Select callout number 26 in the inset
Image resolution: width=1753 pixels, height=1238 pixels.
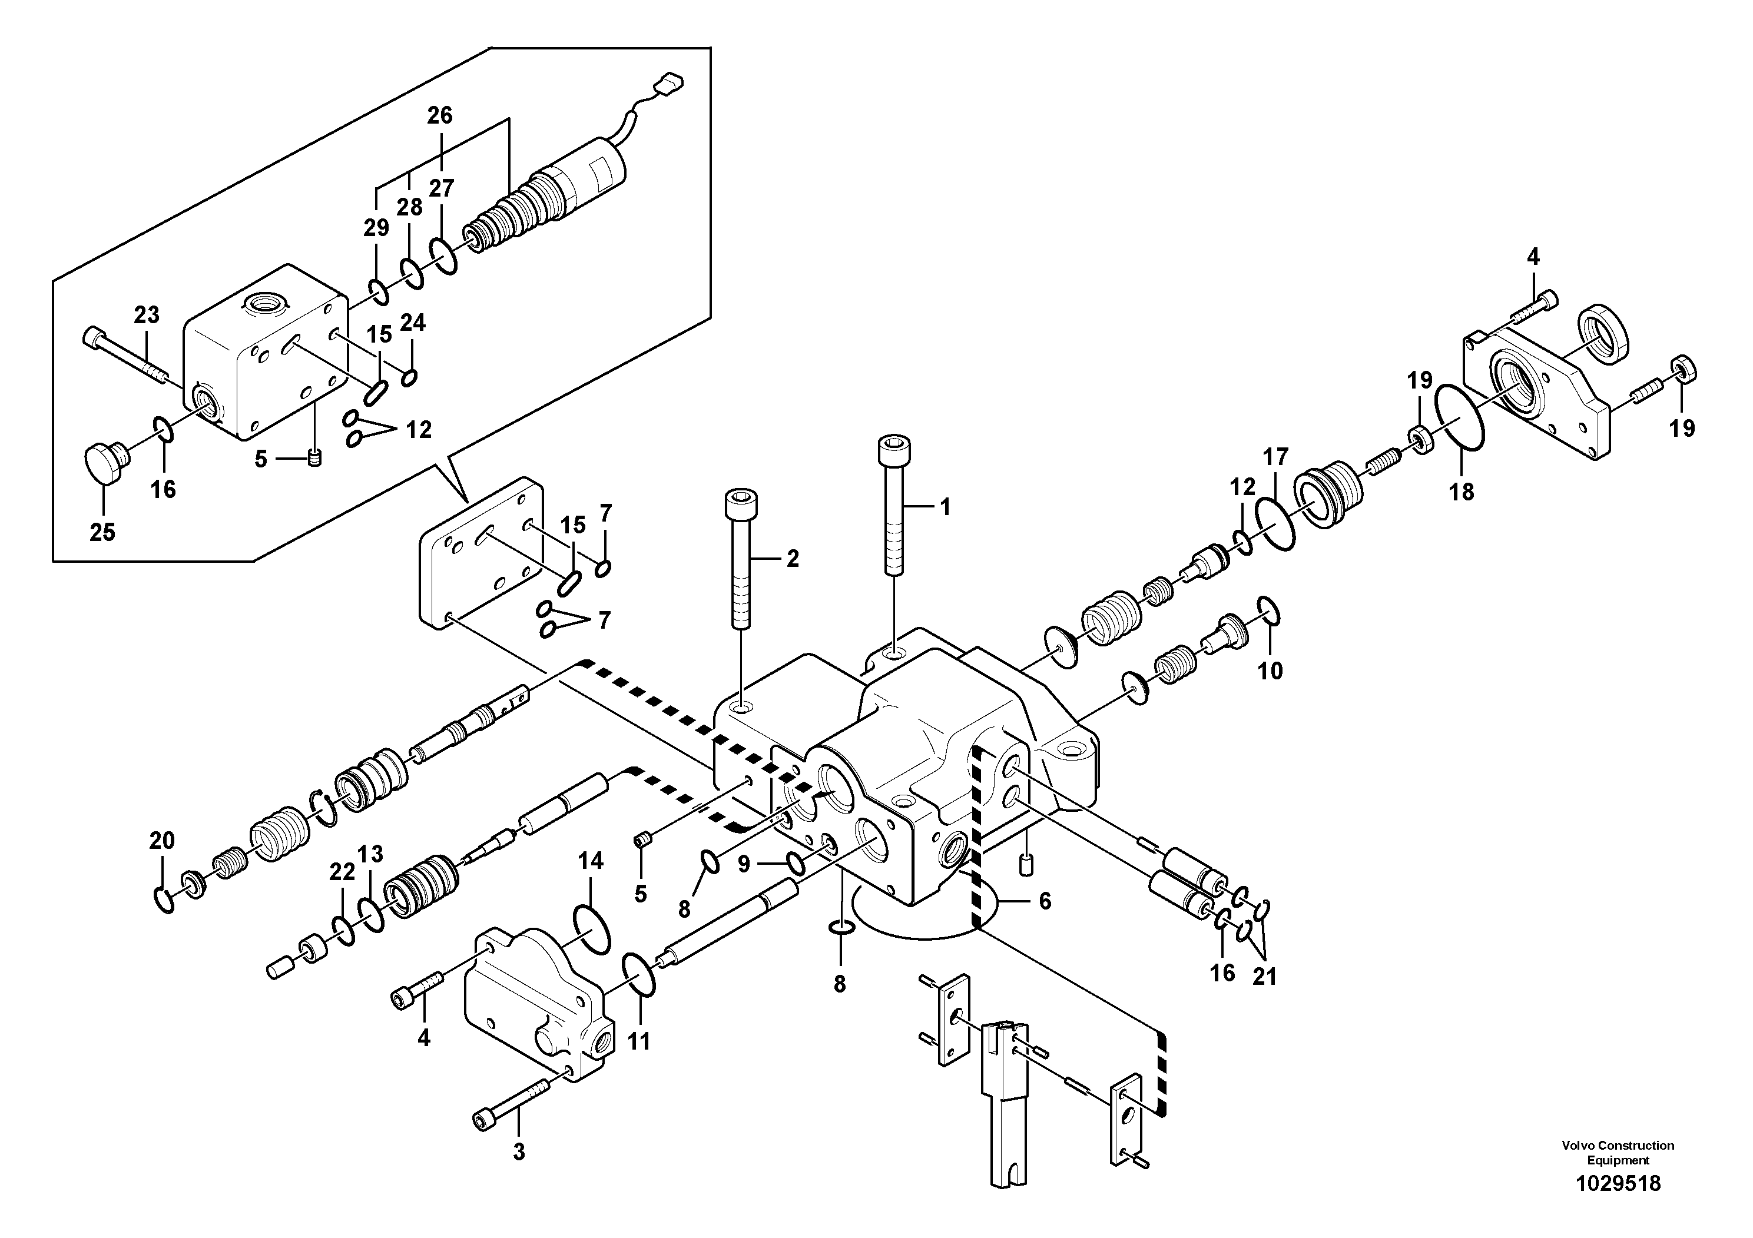[x=440, y=115]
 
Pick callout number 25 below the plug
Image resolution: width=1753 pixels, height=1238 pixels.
[x=102, y=532]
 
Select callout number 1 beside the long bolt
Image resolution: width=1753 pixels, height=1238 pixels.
[x=945, y=507]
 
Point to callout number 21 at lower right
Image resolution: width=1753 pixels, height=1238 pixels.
[x=1264, y=977]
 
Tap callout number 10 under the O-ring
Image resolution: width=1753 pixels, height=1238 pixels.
[x=1271, y=671]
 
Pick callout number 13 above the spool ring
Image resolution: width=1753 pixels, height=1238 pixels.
[x=370, y=854]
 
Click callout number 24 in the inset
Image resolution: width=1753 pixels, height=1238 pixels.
[x=413, y=324]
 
